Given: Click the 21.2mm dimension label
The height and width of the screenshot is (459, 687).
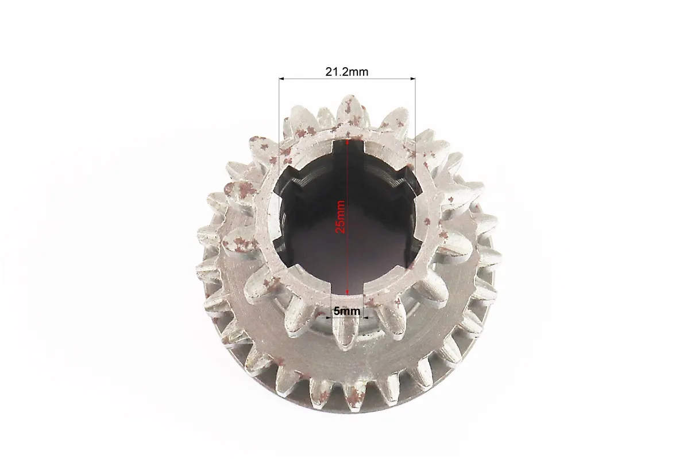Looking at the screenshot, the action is (346, 71).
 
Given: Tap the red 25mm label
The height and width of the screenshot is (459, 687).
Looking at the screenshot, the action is (341, 217).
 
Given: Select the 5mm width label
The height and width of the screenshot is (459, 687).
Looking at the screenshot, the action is (346, 311).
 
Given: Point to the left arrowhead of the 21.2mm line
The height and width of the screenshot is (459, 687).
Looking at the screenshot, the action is (282, 79).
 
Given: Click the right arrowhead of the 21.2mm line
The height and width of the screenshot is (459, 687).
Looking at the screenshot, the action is (412, 79).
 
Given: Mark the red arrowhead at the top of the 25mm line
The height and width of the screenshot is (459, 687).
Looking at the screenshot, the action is (348, 142).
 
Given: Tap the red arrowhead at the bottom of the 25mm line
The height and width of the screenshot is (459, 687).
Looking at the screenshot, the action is (348, 292).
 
